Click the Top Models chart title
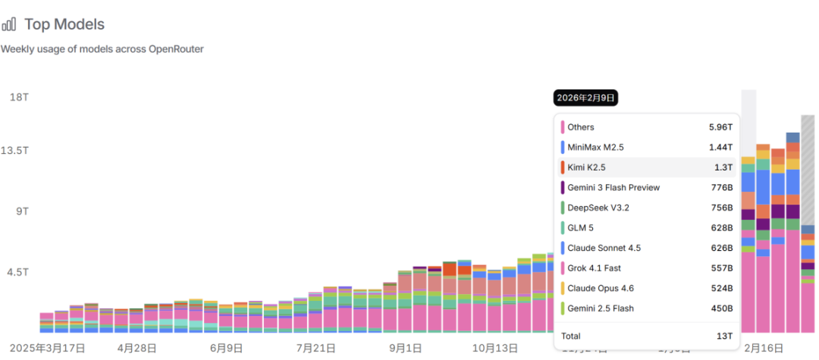64,24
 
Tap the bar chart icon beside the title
9,24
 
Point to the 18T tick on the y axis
19,97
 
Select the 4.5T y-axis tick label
19,272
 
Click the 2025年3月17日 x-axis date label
43,348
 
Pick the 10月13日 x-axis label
494,348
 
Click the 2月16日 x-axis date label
763,348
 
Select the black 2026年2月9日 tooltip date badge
586,98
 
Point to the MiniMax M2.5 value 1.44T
720,147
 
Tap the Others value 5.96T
720,127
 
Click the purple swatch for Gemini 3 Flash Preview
563,187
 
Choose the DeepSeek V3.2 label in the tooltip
598,208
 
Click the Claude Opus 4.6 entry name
601,288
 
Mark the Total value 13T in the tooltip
726,336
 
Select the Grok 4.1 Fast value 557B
721,268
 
